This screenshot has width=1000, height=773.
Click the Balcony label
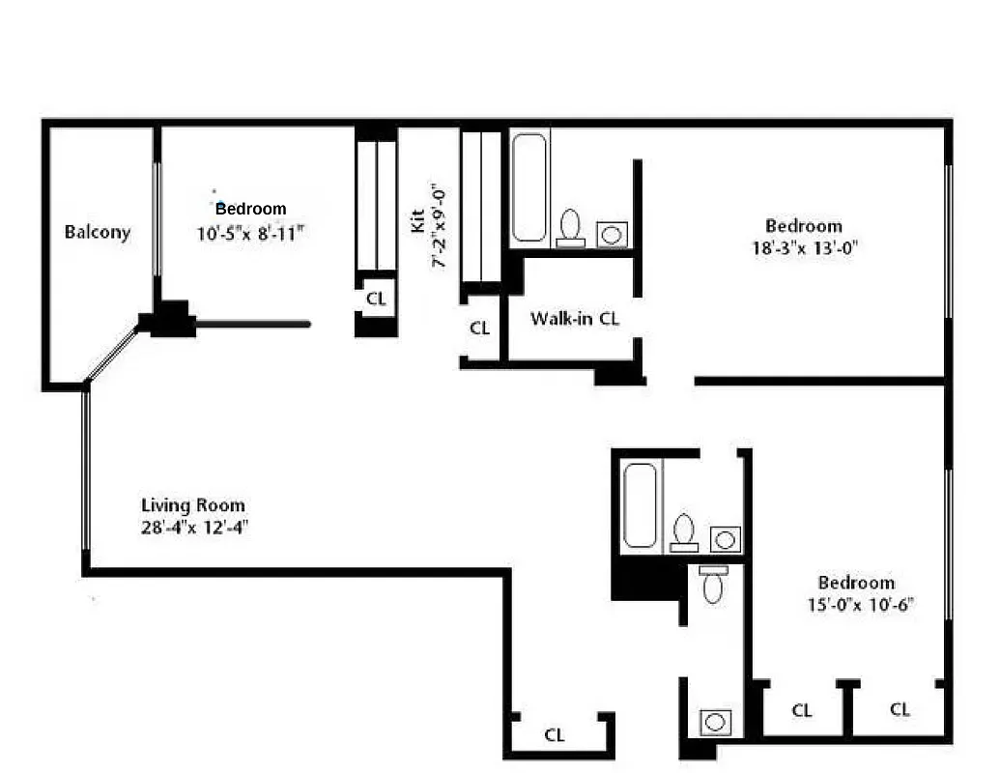pos(97,232)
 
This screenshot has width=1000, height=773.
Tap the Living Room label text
pos(193,505)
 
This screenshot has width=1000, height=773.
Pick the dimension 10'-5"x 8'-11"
pos(250,232)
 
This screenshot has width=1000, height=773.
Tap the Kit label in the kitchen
pos(418,221)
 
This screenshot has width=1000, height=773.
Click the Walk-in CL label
pos(575,318)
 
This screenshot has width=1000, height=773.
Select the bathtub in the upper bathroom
pos(530,187)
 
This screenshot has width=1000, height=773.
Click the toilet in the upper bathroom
pos(570,227)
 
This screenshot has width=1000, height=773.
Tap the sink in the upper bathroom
pos(612,233)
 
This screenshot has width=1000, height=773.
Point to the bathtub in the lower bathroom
pos(641,505)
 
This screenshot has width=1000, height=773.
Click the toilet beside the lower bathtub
pos(684,531)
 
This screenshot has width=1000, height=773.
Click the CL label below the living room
pos(554,735)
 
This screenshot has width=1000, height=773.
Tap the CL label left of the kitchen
pos(376,300)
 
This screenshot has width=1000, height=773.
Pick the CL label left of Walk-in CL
pos(480,329)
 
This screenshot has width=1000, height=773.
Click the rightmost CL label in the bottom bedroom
pos(900,710)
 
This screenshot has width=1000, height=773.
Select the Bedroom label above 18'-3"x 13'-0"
pos(804,226)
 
